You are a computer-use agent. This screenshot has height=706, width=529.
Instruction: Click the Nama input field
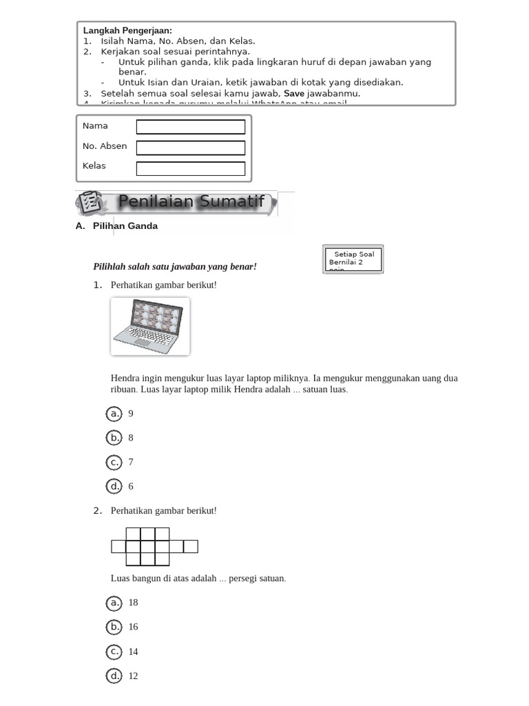pos(191,127)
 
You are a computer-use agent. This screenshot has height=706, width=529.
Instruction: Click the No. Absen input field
pos(191,148)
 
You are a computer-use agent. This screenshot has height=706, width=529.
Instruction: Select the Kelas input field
pos(191,168)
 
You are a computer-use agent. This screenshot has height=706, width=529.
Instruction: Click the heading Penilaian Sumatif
pos(191,202)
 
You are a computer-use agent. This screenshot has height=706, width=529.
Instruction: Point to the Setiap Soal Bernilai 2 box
pos(353,259)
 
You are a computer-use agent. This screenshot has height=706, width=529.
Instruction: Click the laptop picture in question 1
pos(149,326)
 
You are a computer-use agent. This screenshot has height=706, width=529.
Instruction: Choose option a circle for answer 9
pos(114,414)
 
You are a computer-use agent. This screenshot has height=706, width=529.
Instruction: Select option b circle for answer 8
pos(114,438)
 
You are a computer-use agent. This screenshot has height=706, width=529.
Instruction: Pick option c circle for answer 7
pos(114,462)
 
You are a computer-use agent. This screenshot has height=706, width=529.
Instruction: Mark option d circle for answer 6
pos(114,486)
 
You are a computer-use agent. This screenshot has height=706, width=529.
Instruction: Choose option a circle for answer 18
pos(114,603)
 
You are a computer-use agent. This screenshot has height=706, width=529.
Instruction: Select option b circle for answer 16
pos(114,627)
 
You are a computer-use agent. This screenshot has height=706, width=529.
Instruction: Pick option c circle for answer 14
pos(114,652)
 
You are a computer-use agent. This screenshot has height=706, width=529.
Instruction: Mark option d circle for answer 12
pos(114,676)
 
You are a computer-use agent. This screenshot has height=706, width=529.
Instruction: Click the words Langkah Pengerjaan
pos(127,31)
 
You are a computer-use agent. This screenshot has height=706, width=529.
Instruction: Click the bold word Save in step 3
pos(294,93)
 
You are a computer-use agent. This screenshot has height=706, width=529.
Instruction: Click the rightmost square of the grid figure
pos(191,547)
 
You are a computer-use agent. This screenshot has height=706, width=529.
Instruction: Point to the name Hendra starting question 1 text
pos(124,379)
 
